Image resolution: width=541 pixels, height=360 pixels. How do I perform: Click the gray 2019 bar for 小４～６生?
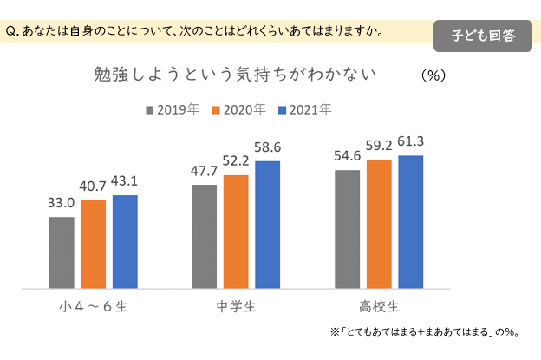tap(62, 252)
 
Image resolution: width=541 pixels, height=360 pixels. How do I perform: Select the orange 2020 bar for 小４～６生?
tap(94, 244)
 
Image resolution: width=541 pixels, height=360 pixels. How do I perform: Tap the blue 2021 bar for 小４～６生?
tap(125, 241)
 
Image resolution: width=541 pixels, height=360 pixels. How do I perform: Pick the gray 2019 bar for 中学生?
tap(204, 236)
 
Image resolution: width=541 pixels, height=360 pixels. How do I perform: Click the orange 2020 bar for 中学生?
tap(236, 232)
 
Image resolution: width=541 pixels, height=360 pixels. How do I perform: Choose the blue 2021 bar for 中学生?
tap(267, 225)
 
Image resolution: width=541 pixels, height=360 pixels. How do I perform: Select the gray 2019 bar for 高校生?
tap(347, 229)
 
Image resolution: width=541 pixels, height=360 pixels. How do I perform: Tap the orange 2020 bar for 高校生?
tap(379, 224)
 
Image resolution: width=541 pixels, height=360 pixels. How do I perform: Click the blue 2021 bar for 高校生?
tap(410, 222)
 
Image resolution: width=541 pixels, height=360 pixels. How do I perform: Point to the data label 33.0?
tap(61, 204)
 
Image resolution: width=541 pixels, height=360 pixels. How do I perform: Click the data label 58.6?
tap(267, 147)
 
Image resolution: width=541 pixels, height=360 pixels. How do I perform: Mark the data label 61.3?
tap(409, 141)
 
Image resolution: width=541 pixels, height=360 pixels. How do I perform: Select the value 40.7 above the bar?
tap(94, 186)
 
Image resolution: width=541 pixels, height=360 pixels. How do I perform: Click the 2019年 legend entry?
tap(173, 109)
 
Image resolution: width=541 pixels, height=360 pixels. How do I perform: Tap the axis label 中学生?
tap(235, 306)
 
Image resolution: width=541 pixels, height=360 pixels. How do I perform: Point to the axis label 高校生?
tap(379, 306)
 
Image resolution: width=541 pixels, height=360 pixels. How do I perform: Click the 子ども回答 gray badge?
tap(482, 36)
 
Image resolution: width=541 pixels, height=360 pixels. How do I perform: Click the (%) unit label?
tap(432, 75)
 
